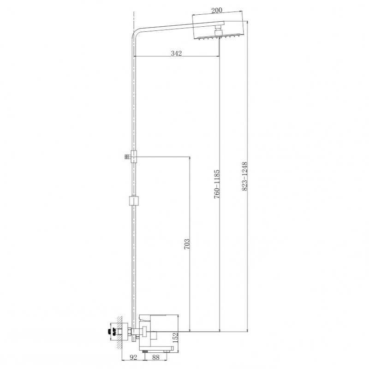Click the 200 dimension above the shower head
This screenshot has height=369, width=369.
pyautogui.click(x=216, y=10)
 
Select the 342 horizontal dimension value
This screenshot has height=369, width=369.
pyautogui.click(x=176, y=54)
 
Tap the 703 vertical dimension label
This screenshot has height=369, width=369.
pyautogui.click(x=187, y=244)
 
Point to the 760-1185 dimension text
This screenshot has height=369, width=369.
pyautogui.click(x=216, y=184)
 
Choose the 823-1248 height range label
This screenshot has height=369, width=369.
pyautogui.click(x=245, y=176)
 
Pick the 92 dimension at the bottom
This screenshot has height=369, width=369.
pyautogui.click(x=133, y=357)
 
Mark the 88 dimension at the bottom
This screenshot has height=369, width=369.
pyautogui.click(x=156, y=357)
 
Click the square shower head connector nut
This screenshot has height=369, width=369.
pyautogui.click(x=219, y=31)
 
